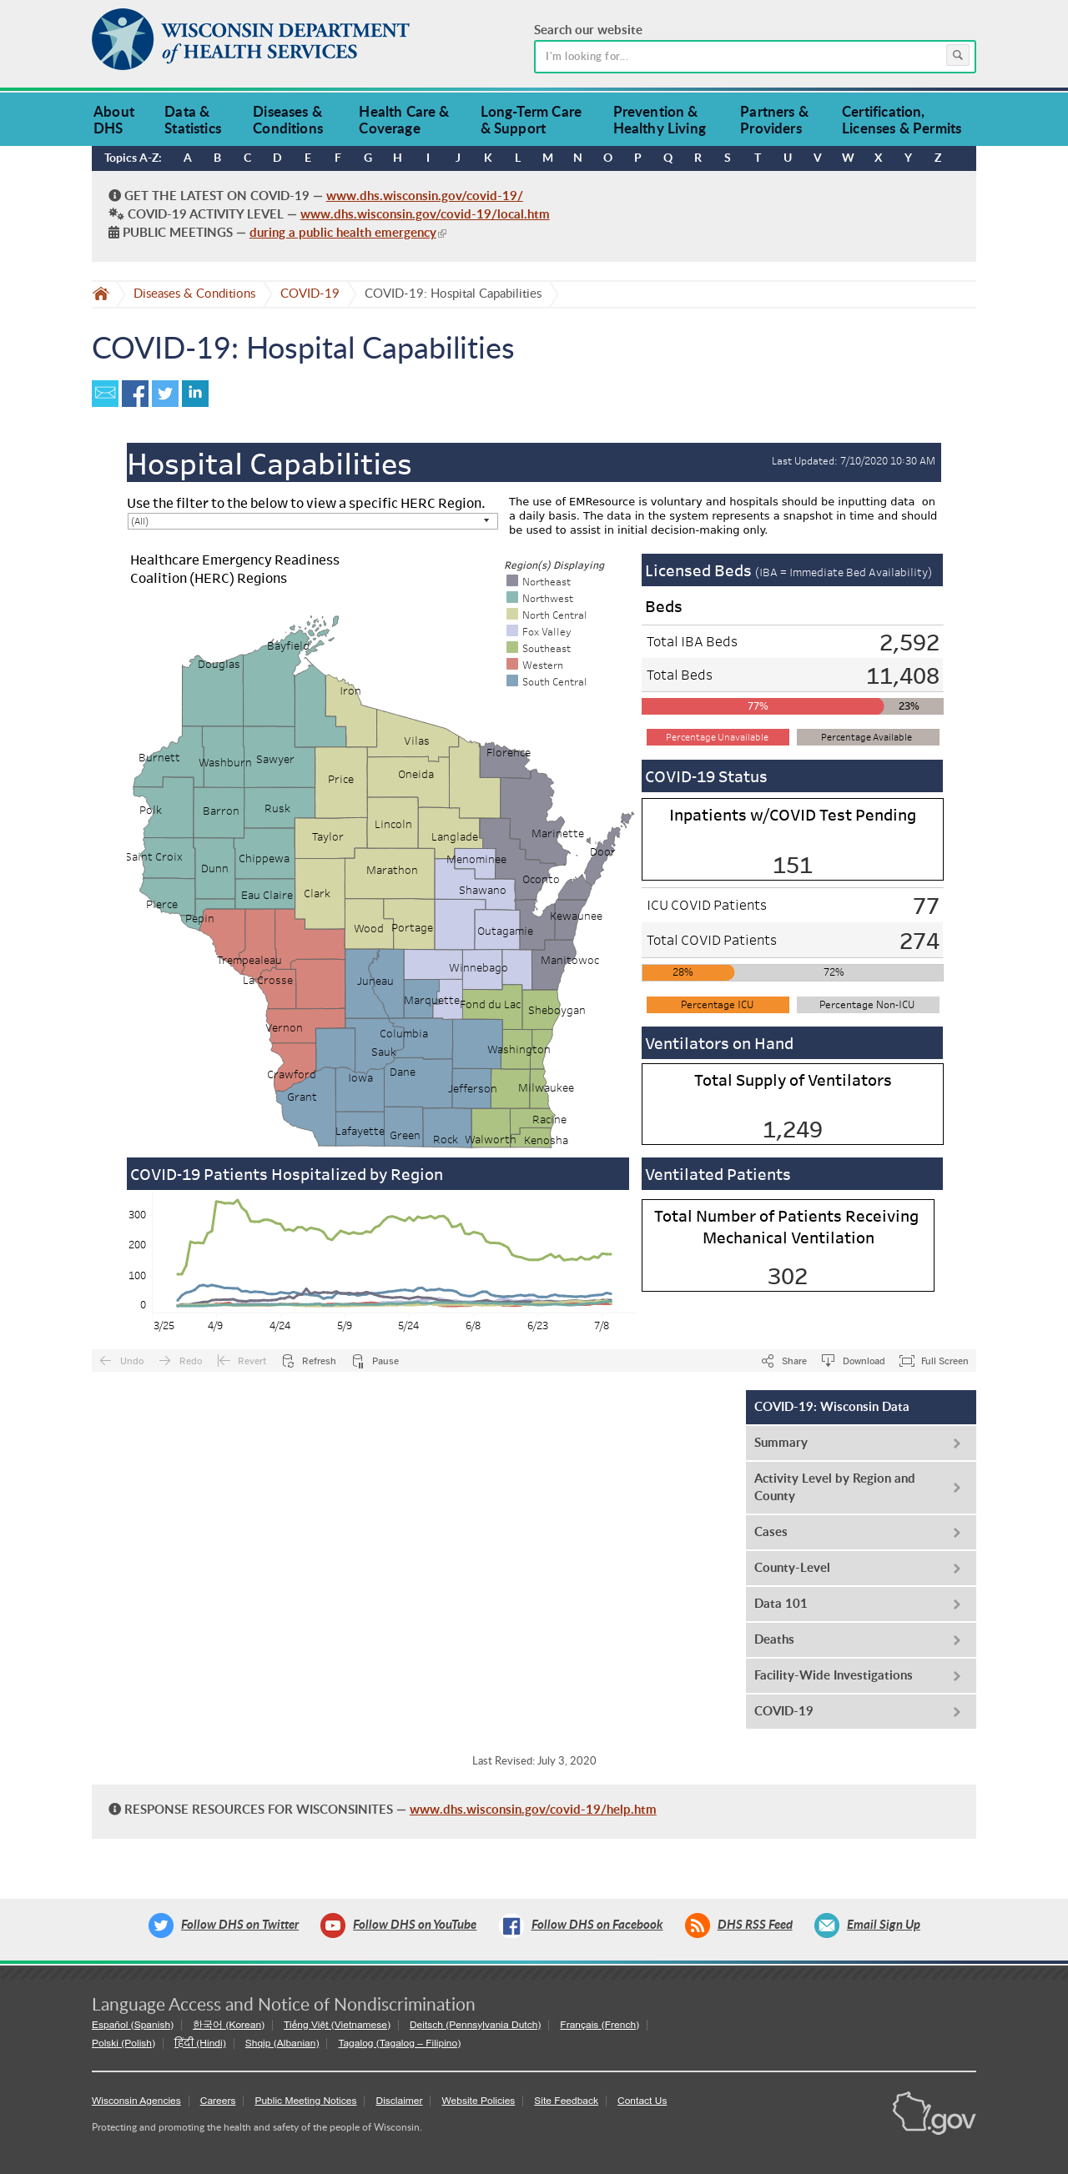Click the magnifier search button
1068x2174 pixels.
click(x=956, y=56)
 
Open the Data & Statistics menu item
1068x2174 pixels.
click(x=193, y=120)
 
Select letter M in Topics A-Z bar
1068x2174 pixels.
click(x=547, y=158)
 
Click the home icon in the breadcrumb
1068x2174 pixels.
click(x=101, y=294)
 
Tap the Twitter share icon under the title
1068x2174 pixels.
click(x=164, y=394)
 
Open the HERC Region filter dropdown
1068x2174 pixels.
click(x=311, y=521)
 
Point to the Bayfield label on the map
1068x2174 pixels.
click(x=288, y=645)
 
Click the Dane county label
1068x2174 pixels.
click(x=402, y=1072)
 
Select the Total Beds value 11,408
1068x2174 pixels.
click(x=902, y=676)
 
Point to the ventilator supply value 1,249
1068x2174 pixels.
click(x=792, y=1129)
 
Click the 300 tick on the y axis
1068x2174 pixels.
click(x=137, y=1214)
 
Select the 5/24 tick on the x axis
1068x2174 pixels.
click(x=408, y=1326)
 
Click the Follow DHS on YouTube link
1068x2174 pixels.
click(x=414, y=1924)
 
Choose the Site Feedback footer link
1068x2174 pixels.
click(x=566, y=2101)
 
